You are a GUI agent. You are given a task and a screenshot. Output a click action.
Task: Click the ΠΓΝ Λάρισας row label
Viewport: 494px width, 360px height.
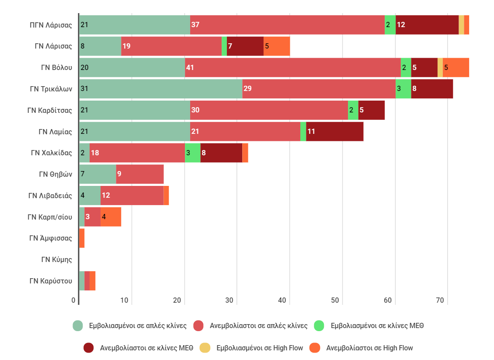pyautogui.click(x=51, y=25)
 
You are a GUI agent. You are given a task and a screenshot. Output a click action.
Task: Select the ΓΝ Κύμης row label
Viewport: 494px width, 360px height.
pyautogui.click(x=56, y=259)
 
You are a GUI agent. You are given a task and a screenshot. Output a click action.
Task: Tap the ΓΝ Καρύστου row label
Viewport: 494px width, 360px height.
pyautogui.click(x=51, y=281)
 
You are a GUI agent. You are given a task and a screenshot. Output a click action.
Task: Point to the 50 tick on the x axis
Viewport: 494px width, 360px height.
pyautogui.click(x=335, y=301)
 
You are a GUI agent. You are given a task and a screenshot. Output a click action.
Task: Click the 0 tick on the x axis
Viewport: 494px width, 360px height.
pyautogui.click(x=73, y=301)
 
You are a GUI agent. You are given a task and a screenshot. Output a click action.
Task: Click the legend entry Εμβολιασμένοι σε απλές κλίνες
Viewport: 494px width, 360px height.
pyautogui.click(x=131, y=326)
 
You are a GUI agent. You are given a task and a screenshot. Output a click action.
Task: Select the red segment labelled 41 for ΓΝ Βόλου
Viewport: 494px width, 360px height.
pyautogui.click(x=292, y=67)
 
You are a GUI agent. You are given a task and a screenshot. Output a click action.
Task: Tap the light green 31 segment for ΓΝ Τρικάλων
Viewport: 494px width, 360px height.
pyautogui.click(x=160, y=89)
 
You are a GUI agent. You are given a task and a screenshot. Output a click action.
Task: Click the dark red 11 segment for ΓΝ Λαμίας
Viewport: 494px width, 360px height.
pyautogui.click(x=334, y=131)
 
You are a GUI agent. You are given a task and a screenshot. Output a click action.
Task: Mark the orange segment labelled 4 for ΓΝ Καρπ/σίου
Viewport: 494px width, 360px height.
pyautogui.click(x=111, y=217)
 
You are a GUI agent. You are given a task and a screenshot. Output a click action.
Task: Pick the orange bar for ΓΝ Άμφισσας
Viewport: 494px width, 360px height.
pyautogui.click(x=82, y=238)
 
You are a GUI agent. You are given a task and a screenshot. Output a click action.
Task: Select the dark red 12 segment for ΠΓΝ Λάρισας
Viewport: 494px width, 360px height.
pyautogui.click(x=427, y=24)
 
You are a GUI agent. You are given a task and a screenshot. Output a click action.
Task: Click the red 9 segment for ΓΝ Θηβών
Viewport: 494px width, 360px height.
pyautogui.click(x=140, y=174)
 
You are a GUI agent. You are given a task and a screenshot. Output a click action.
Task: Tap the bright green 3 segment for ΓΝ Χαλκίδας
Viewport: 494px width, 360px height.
pyautogui.click(x=192, y=153)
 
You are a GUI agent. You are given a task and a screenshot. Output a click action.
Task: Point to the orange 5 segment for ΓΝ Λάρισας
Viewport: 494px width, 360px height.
pyautogui.click(x=277, y=46)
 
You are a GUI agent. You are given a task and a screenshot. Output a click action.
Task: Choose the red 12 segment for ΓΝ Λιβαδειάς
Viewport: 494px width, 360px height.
pyautogui.click(x=132, y=196)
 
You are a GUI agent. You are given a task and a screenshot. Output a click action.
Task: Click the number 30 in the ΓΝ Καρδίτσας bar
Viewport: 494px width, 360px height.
pyautogui.click(x=195, y=110)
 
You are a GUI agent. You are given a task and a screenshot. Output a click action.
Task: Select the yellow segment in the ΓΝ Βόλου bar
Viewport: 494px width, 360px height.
pyautogui.click(x=440, y=67)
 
